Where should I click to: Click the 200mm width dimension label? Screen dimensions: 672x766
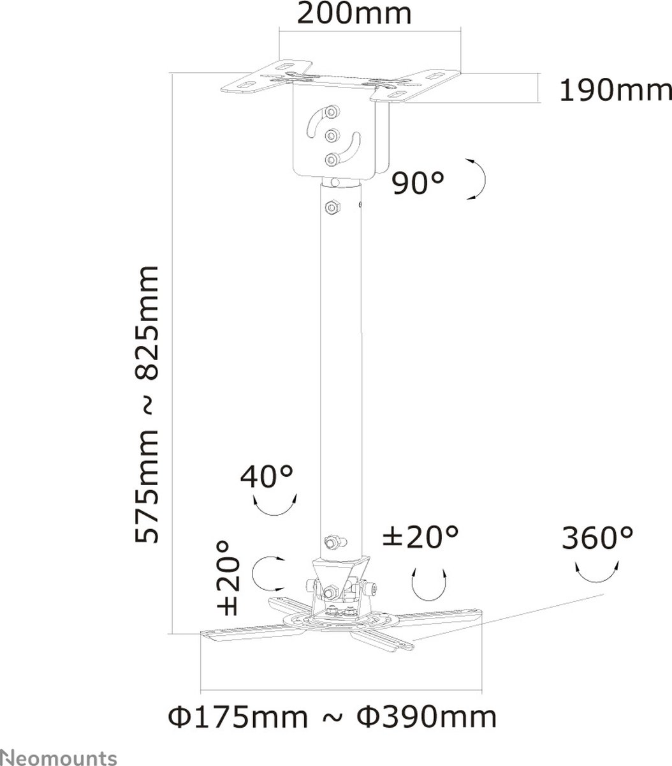point(354,14)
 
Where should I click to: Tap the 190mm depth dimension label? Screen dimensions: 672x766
point(615,91)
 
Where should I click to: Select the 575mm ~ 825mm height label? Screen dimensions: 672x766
point(147,405)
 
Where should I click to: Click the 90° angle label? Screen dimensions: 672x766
point(418,183)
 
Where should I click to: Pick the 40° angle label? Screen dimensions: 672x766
point(267,476)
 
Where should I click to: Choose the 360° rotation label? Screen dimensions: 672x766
point(597,538)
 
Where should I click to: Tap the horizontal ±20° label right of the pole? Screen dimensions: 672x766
point(420,536)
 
